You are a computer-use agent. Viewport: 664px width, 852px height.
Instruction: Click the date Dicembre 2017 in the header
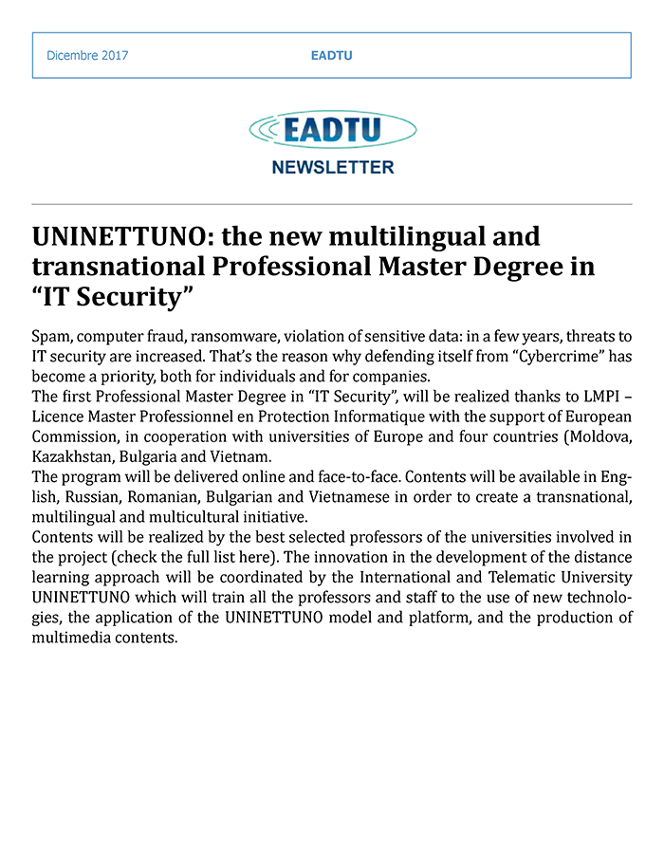tap(87, 55)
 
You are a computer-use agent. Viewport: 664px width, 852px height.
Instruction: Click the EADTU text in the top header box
tap(331, 55)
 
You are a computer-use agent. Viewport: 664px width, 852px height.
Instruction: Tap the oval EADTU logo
tap(332, 130)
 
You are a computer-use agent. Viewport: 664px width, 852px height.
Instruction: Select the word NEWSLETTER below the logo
tap(332, 168)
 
